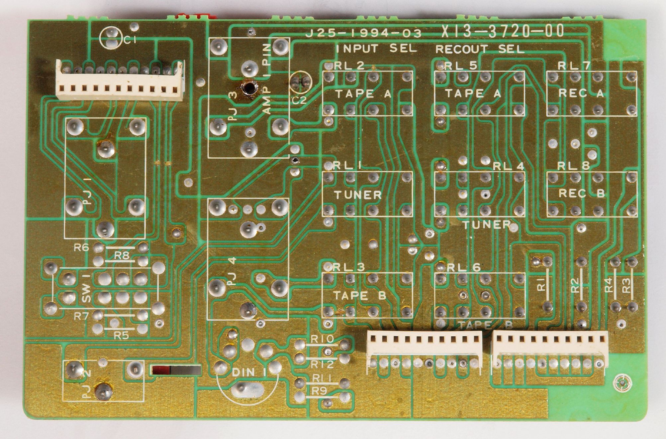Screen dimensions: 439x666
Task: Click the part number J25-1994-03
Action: pos(363,33)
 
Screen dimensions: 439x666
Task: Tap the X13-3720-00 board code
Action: pos(503,32)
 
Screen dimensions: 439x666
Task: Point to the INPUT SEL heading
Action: pos(376,49)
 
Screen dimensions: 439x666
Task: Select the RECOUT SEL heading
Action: pos(480,49)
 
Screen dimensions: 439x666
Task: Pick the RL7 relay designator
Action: pos(574,66)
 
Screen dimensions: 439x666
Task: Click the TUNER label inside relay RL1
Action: pos(358,195)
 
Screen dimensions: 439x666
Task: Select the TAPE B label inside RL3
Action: pos(360,296)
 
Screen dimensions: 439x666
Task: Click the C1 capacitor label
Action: pos(130,40)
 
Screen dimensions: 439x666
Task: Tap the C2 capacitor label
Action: pos(299,100)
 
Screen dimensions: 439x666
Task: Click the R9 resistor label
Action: pos(319,391)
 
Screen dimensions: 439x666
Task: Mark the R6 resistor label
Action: pos(82,247)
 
